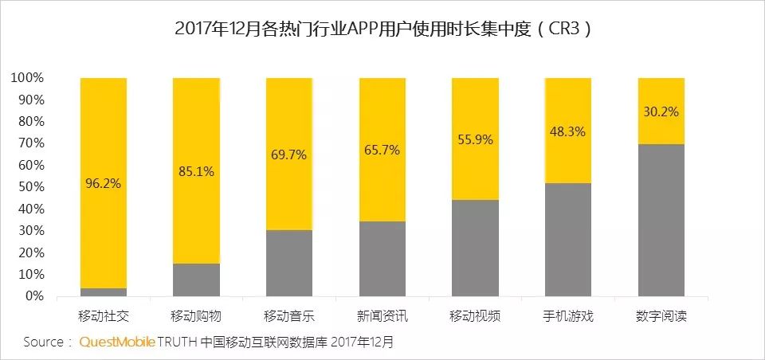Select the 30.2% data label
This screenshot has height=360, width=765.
click(x=661, y=112)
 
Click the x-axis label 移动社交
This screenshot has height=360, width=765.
click(x=104, y=316)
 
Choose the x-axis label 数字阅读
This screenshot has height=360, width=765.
click(x=661, y=316)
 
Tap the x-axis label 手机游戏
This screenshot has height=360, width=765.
click(x=567, y=316)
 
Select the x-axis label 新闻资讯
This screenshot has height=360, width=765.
click(x=382, y=316)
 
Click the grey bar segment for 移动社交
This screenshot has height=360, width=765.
click(x=104, y=292)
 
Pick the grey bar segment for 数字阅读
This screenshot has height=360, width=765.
click(x=661, y=220)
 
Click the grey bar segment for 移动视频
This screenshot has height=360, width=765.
click(x=475, y=248)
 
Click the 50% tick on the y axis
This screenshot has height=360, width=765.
click(x=29, y=187)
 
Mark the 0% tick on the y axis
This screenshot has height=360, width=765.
click(x=33, y=296)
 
